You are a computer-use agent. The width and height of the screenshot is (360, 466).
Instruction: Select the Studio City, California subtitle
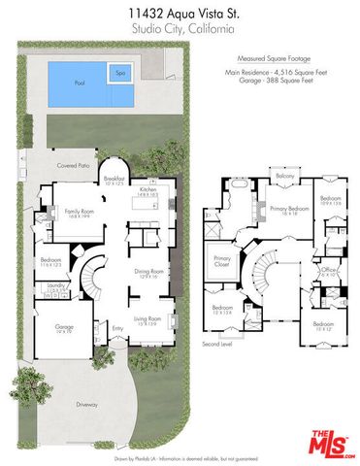[x=180, y=30]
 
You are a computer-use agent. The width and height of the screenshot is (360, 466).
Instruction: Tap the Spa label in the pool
[x=121, y=73]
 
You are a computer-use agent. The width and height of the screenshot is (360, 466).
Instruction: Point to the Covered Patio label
[x=72, y=165]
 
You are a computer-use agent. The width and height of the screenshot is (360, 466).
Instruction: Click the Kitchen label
[x=147, y=190]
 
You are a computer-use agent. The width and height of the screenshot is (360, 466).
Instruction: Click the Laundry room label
[x=54, y=284]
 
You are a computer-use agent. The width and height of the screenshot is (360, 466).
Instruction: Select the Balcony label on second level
[x=285, y=176]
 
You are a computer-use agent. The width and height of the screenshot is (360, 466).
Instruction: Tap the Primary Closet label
[x=222, y=260]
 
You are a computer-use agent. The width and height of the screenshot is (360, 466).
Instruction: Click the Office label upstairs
[x=329, y=269]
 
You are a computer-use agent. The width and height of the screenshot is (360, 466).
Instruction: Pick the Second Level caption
[x=216, y=344]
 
